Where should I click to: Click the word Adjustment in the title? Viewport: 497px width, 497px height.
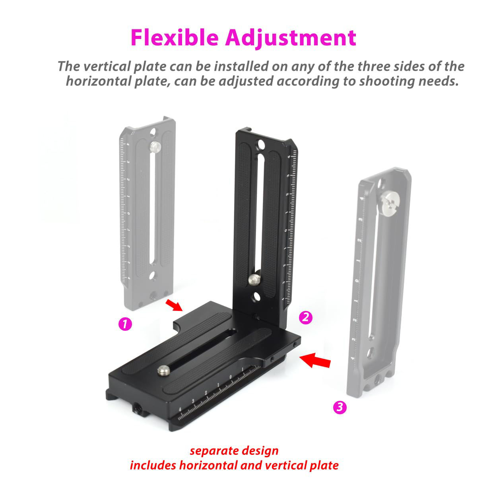click(290, 38)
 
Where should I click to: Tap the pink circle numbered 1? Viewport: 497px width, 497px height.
click(125, 324)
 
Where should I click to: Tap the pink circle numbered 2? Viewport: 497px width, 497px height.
click(305, 317)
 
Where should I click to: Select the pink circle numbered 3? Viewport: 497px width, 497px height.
click(340, 407)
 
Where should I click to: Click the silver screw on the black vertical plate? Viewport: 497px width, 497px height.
click(253, 279)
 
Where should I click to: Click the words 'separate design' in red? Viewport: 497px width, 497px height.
click(234, 451)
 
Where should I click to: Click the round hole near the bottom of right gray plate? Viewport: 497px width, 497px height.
click(370, 352)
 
